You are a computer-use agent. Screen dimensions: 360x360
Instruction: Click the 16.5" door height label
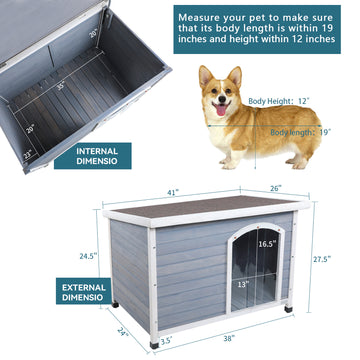pos(267,243)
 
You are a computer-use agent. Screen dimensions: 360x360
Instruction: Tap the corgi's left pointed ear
pos(204,72)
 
